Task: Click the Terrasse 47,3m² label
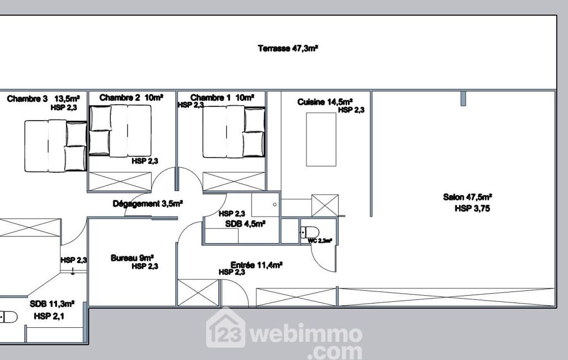pyautogui.click(x=288, y=49)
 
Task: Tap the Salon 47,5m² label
pyautogui.click(x=467, y=197)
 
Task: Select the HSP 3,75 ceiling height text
pyautogui.click(x=472, y=208)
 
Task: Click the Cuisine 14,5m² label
pyautogui.click(x=325, y=102)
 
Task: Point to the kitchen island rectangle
pyautogui.click(x=321, y=140)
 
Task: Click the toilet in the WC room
pyautogui.click(x=310, y=232)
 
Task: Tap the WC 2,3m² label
pyautogui.click(x=320, y=240)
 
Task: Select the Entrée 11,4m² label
pyautogui.click(x=257, y=265)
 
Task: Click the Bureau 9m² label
pyautogui.click(x=132, y=258)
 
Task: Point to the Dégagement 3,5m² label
pyautogui.click(x=148, y=204)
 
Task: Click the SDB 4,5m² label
pyautogui.click(x=245, y=224)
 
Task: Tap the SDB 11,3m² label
pyautogui.click(x=52, y=304)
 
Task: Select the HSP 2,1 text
pyautogui.click(x=49, y=316)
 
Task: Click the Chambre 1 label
pyautogui.click(x=211, y=97)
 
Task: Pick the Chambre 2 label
pyautogui.click(x=120, y=97)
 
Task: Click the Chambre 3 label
pyautogui.click(x=27, y=99)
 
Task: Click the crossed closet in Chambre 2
pyautogui.click(x=120, y=182)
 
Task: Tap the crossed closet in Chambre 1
pyautogui.click(x=234, y=182)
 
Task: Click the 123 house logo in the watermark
pyautogui.click(x=226, y=329)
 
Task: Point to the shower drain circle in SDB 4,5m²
pyautogui.click(x=275, y=204)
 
